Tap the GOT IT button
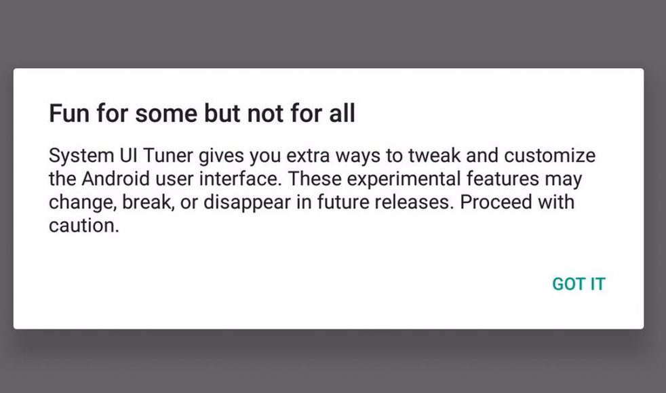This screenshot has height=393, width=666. (579, 284)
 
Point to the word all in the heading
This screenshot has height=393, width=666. (342, 113)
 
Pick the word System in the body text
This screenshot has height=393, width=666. (81, 156)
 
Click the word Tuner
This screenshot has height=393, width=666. (168, 155)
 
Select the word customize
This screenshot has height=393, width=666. (549, 155)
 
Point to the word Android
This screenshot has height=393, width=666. (115, 179)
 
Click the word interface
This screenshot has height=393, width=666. (240, 179)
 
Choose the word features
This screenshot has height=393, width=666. (503, 179)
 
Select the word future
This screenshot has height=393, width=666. (342, 202)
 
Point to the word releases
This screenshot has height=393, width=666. (414, 202)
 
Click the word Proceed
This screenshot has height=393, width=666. (496, 202)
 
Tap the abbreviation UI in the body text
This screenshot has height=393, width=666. (128, 155)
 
